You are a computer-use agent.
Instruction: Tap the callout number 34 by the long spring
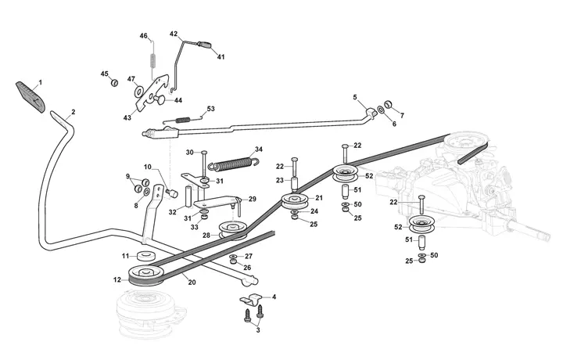tap(259, 149)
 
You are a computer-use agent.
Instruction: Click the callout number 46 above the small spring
tap(144, 36)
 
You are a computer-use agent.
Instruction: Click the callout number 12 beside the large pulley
tap(117, 279)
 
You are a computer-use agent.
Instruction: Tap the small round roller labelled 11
tap(144, 256)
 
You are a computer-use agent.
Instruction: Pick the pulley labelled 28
tap(231, 229)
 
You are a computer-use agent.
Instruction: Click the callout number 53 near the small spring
tap(210, 110)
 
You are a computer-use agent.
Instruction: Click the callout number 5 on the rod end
tap(354, 98)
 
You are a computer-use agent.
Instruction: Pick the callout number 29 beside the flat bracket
tap(253, 200)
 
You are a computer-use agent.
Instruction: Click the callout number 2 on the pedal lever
tap(74, 112)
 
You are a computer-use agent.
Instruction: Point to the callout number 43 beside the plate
tap(128, 117)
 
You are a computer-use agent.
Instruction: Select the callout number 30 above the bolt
tap(189, 153)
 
